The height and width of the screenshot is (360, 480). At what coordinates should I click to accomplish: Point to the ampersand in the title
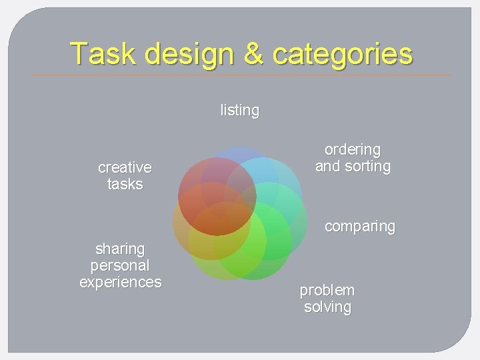tap(253, 53)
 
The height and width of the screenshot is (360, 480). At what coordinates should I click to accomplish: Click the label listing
tap(240, 110)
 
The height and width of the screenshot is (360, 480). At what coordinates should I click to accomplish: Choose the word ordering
tap(353, 149)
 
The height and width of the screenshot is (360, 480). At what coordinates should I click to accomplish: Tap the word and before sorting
tap(327, 166)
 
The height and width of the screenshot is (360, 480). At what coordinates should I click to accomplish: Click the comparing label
tap(359, 227)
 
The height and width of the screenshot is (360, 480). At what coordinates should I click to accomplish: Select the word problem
tap(327, 291)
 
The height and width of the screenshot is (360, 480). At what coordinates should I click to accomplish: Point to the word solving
tap(327, 307)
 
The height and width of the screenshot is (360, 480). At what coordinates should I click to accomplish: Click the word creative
tap(125, 167)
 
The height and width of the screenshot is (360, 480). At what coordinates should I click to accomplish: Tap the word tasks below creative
tap(125, 183)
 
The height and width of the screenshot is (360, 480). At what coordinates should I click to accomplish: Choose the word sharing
tap(120, 249)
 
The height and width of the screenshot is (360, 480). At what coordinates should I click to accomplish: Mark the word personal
tap(120, 265)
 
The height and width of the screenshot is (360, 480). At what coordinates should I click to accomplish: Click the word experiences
tap(120, 282)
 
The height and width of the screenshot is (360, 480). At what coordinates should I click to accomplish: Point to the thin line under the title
tap(240, 75)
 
